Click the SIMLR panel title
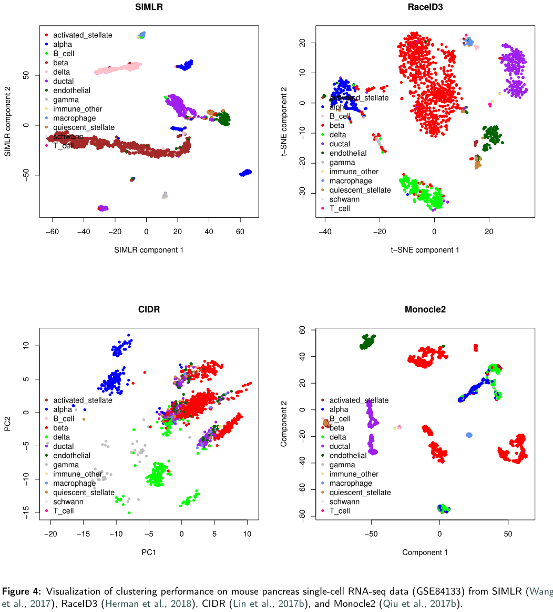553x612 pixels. pos(149,7)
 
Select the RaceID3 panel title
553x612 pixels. pos(425,7)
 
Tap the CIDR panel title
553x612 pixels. pos(149,309)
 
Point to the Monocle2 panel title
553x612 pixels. pos(425,309)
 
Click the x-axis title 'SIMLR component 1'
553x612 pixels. pos(149,250)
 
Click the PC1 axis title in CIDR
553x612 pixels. pos(149,552)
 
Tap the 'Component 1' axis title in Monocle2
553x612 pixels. pos(425,552)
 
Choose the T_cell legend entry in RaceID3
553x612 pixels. pos(340,208)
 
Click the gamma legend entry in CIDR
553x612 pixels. pos(66,465)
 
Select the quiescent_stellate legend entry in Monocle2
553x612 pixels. pos(360,493)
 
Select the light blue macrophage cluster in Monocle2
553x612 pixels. pos(469,435)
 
